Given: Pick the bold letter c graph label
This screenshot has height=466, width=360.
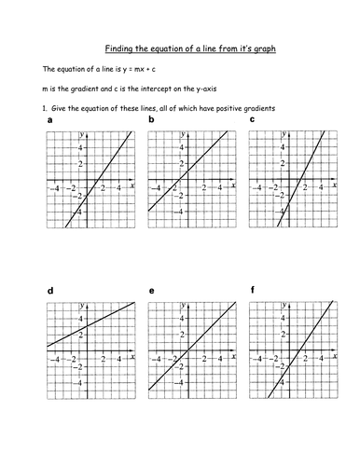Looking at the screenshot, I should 254,121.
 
